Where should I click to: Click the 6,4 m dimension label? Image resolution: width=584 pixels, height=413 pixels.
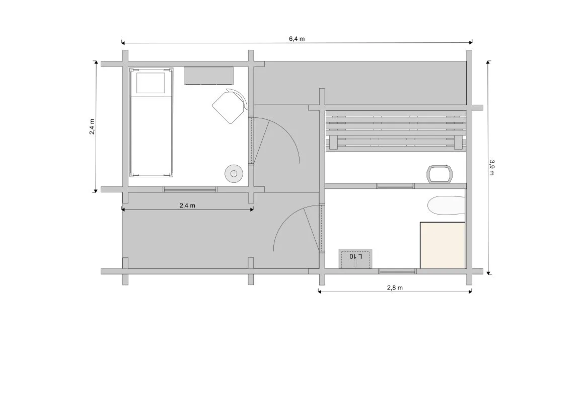click(297, 39)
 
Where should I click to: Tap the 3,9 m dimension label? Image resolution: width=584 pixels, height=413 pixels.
click(492, 167)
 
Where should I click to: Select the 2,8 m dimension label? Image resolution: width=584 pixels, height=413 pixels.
click(395, 288)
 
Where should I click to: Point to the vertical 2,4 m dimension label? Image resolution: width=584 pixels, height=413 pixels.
click(92, 126)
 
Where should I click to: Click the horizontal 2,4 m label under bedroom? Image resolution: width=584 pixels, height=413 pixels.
click(187, 205)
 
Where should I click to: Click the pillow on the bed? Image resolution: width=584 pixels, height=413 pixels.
click(151, 83)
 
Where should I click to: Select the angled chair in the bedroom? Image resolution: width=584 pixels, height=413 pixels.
click(230, 106)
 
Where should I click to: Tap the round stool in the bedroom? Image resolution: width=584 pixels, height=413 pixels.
click(234, 174)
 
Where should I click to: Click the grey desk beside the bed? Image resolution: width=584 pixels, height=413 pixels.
click(208, 76)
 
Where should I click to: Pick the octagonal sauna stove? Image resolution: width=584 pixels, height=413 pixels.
click(440, 174)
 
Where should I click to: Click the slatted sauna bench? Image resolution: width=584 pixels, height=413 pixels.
click(396, 130)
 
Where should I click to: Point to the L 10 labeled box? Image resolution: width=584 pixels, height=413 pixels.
click(355, 258)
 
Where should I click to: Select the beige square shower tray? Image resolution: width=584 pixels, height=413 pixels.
click(443, 245)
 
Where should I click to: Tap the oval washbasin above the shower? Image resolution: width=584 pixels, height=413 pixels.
click(446, 206)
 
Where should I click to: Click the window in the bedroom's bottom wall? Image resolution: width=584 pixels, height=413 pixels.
click(190, 189)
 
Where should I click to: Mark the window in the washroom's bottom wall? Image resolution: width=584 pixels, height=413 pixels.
click(398, 271)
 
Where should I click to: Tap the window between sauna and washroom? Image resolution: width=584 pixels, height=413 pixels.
click(396, 186)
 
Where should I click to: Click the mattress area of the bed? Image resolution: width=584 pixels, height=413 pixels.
click(151, 134)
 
